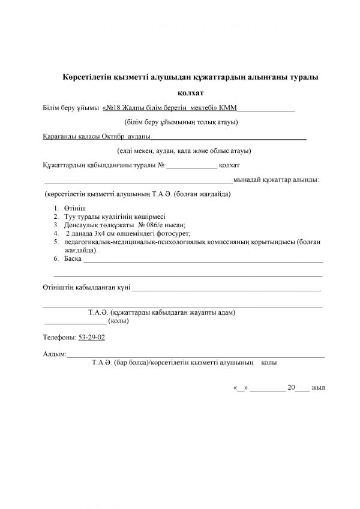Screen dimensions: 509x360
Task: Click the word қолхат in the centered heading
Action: pyautogui.click(x=191, y=93)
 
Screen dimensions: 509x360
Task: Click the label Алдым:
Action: pyautogui.click(x=55, y=355)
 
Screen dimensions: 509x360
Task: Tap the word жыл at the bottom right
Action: pyautogui.click(x=318, y=388)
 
